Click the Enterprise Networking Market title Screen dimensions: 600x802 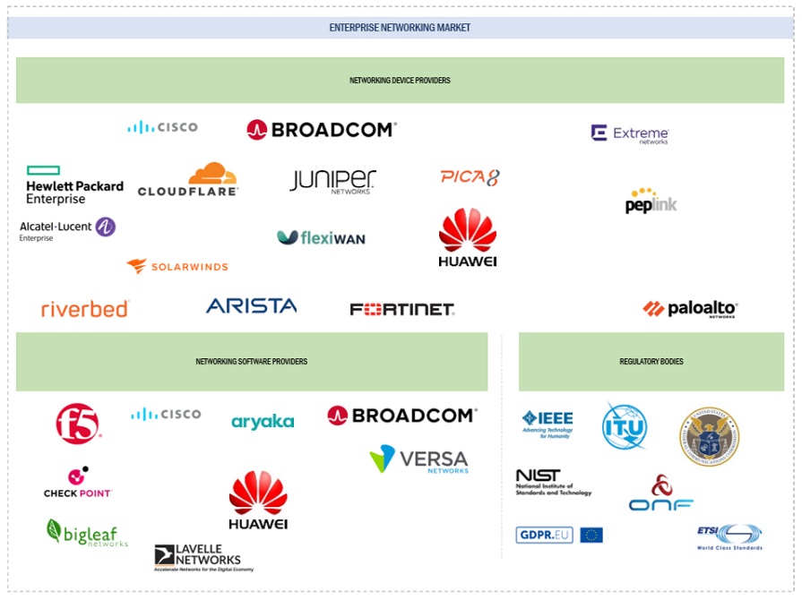pos(400,28)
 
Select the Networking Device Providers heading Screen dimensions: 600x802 pos(400,81)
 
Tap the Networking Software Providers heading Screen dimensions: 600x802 pos(252,362)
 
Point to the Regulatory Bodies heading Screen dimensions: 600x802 pos(651,362)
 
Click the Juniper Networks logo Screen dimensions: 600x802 pos(332,181)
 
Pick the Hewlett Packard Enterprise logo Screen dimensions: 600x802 pos(74,185)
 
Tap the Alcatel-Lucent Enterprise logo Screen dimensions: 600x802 pos(68,229)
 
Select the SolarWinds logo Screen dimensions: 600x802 pos(177,266)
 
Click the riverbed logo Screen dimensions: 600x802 pos(85,309)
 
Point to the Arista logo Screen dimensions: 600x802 pos(251,306)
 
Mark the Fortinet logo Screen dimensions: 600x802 pos(401,310)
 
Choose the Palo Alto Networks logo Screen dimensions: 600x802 pos(690,309)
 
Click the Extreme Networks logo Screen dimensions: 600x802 pos(630,134)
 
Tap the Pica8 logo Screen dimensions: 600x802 pos(470,177)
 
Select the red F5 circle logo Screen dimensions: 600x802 pos(78,423)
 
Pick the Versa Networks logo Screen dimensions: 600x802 pos(418,459)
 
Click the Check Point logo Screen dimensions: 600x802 pos(78,483)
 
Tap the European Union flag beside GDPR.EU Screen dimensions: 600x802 pos(591,536)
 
